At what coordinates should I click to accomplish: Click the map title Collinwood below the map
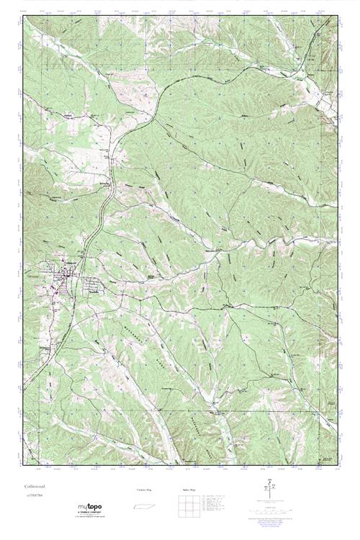(34, 487)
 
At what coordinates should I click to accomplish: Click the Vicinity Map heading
(144, 490)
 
